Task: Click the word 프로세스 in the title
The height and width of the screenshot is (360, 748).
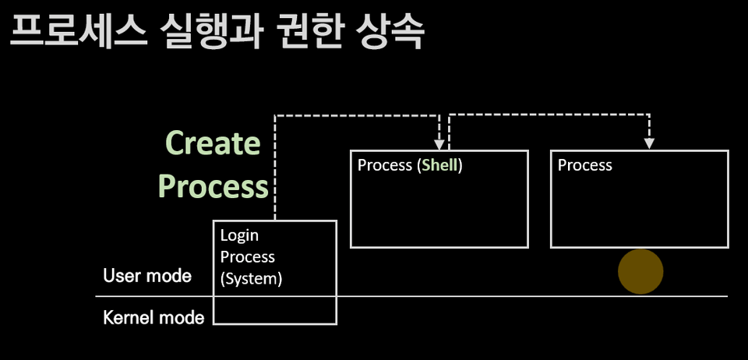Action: [78, 33]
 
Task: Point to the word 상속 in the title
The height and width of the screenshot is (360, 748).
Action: [390, 33]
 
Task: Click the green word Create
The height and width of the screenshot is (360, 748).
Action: [213, 143]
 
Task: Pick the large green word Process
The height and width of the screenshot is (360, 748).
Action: [213, 186]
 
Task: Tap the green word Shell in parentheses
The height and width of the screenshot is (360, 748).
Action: [439, 165]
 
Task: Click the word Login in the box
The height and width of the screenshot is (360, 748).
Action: [239, 235]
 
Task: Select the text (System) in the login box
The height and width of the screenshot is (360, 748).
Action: [251, 278]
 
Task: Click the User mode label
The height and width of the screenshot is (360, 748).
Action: [147, 276]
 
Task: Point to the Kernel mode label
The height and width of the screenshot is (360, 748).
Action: [153, 318]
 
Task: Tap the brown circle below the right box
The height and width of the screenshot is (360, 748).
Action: [640, 271]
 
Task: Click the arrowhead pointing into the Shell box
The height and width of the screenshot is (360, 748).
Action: [439, 144]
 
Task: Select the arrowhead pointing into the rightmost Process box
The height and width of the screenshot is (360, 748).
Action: [649, 143]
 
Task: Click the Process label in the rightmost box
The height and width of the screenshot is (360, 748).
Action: [585, 165]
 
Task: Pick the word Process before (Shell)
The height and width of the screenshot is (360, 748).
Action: [384, 165]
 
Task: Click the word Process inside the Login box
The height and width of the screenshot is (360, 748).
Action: [247, 256]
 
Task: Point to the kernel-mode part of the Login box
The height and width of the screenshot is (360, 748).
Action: [275, 310]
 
